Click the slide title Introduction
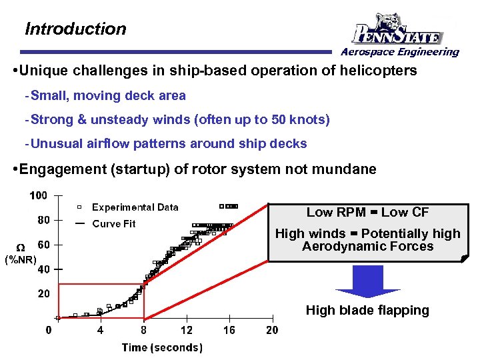click(75, 29)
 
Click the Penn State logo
click(397, 29)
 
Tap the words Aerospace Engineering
click(400, 52)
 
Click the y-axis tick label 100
click(38, 196)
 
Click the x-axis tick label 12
click(187, 330)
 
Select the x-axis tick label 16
click(229, 330)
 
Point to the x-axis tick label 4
click(100, 330)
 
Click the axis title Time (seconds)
click(162, 347)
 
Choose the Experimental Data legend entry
click(135, 207)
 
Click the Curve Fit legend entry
click(113, 224)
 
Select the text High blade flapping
click(367, 310)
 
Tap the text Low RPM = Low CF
click(367, 213)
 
